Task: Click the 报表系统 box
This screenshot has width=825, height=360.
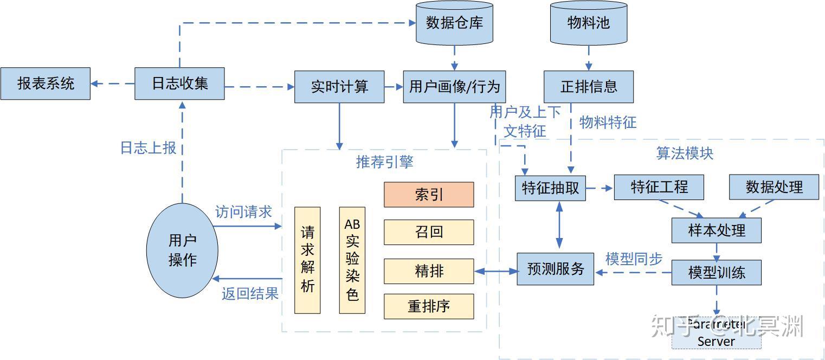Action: [x=46, y=83]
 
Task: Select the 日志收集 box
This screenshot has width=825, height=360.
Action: [x=179, y=83]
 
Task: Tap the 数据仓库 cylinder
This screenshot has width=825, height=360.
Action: [x=454, y=23]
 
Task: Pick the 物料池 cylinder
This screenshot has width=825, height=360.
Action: [x=589, y=23]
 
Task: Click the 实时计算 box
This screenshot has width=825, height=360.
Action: [x=339, y=87]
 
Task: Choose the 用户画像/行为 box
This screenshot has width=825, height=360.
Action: [x=454, y=87]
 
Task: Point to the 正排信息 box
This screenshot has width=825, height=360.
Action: [x=589, y=87]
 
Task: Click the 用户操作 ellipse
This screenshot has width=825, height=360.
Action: [x=182, y=250]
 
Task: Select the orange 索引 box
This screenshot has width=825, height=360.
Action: [x=429, y=195]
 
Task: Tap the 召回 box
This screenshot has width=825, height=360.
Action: [x=429, y=232]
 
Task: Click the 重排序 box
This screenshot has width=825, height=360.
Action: [x=429, y=306]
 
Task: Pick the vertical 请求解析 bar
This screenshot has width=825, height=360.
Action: [x=307, y=260]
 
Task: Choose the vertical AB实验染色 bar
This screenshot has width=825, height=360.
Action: [x=352, y=260]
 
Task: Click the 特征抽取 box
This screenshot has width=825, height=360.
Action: [x=550, y=188]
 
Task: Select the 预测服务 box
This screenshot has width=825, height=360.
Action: [x=555, y=269]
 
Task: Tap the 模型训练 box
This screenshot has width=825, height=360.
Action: [x=717, y=272]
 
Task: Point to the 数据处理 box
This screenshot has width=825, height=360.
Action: [x=774, y=187]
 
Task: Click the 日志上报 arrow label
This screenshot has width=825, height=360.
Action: [x=148, y=148]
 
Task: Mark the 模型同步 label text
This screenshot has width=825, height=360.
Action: [x=634, y=259]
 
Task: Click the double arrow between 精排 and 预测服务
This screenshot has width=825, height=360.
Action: [x=495, y=271]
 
